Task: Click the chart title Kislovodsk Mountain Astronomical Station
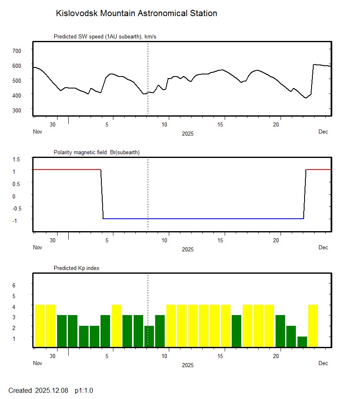136,14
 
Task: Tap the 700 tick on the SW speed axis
17,50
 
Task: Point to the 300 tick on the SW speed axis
17,110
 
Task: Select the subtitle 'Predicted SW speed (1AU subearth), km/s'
105,37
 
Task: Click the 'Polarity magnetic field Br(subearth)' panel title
96,153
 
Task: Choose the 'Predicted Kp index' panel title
77,268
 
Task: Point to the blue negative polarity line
203,218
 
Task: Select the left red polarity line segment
66,170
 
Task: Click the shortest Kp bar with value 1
302,342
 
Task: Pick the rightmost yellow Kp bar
313,326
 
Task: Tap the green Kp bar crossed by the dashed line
149,336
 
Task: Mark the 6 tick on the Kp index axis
14,285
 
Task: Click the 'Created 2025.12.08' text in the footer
38,390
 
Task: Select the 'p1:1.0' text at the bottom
84,390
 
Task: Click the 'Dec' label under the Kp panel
323,363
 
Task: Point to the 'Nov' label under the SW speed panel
38,132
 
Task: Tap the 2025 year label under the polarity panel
187,249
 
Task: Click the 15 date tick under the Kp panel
222,356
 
